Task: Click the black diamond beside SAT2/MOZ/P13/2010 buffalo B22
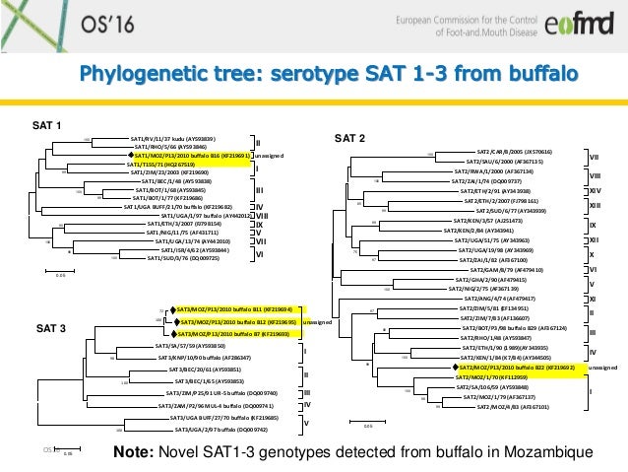(456, 367)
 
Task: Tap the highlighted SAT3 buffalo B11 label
(234, 309)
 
